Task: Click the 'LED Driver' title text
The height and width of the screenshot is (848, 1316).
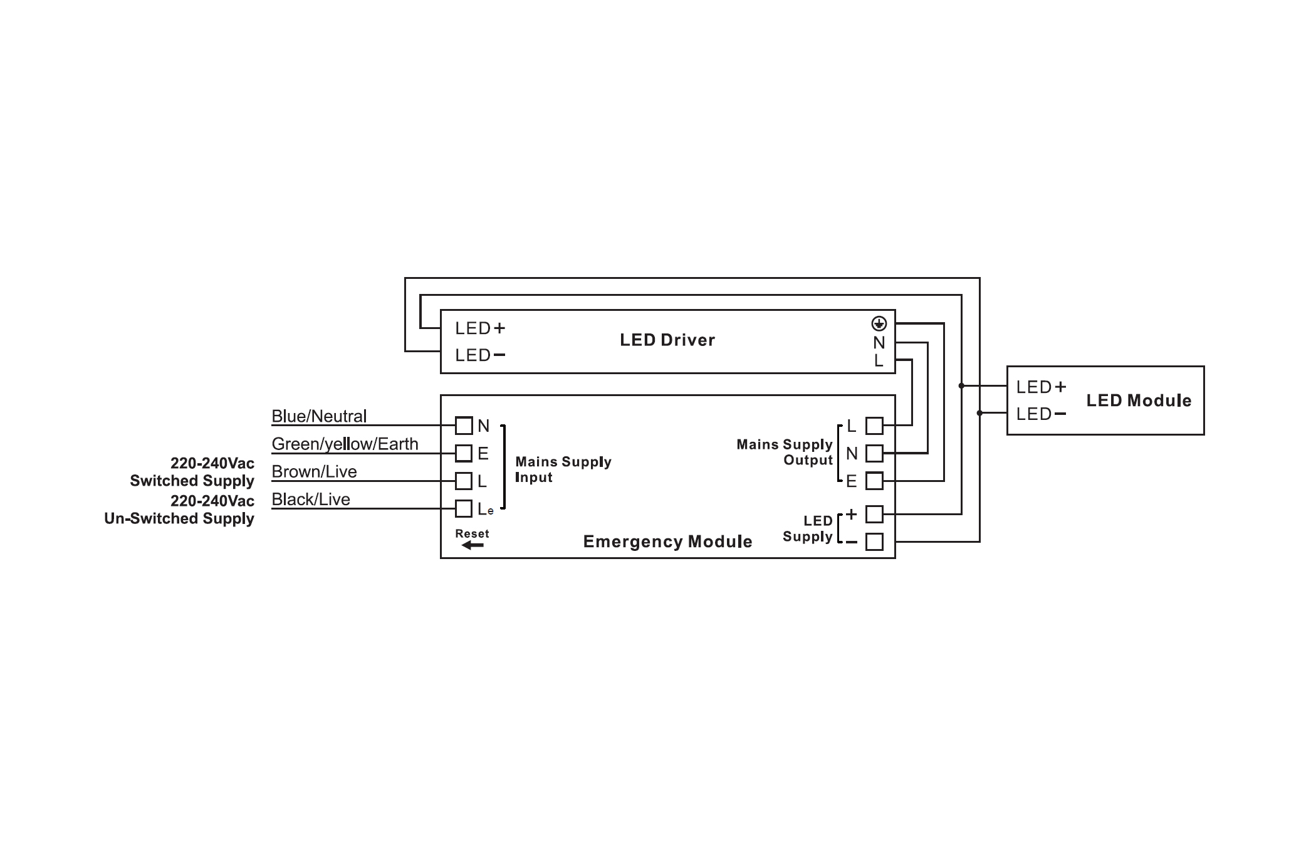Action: tap(667, 340)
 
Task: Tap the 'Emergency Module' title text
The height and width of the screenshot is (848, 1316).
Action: tap(667, 542)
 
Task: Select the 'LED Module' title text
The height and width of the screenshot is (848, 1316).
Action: tap(1139, 400)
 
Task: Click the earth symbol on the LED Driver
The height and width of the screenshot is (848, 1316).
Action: tap(879, 323)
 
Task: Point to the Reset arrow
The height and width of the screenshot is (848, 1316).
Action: tap(472, 545)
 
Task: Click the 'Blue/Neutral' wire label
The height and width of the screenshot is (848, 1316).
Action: tap(319, 416)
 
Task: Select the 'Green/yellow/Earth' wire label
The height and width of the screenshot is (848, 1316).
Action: tap(345, 444)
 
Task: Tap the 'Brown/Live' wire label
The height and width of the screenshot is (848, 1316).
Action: tap(314, 471)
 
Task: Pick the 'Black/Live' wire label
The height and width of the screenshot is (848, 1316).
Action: tap(311, 500)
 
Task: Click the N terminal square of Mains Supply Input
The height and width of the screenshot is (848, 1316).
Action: tap(464, 426)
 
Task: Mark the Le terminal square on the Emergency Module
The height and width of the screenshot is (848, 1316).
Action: tap(464, 508)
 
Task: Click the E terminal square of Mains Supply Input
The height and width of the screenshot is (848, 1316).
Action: tap(464, 453)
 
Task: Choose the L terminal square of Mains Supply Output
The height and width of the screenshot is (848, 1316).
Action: tap(874, 426)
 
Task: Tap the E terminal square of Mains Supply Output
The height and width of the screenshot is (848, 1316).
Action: tap(874, 481)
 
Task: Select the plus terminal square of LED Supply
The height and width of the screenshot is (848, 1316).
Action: tap(874, 515)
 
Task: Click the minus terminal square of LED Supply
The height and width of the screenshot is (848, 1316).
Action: tap(874, 542)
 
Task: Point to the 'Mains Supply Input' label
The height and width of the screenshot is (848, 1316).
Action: tap(563, 469)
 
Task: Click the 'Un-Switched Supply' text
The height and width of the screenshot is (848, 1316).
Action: tap(179, 518)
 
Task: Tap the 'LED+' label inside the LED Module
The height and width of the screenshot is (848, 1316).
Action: tap(1041, 387)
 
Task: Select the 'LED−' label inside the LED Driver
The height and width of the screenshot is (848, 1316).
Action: tap(480, 355)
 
